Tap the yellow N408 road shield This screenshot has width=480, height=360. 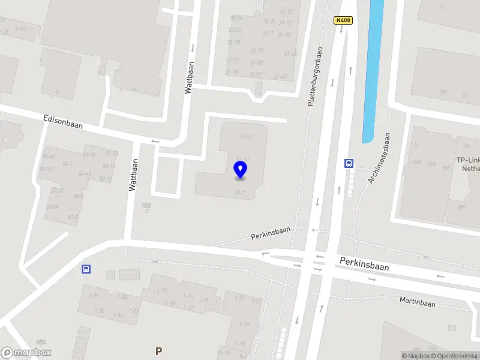coord(343,20)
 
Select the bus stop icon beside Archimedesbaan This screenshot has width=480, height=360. coord(349,163)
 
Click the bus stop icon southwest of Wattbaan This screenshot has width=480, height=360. coord(86,269)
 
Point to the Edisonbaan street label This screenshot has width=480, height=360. coord(63,123)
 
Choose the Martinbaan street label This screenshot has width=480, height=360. coord(417,303)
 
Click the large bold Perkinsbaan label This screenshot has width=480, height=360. coord(364,264)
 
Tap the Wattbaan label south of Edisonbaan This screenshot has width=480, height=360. coord(133,175)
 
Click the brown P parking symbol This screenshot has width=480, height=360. coord(158,352)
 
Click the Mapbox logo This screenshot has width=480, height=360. coord(26,353)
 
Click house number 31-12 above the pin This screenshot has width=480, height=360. coord(244,137)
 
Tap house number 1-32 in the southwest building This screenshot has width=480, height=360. coord(99,310)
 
